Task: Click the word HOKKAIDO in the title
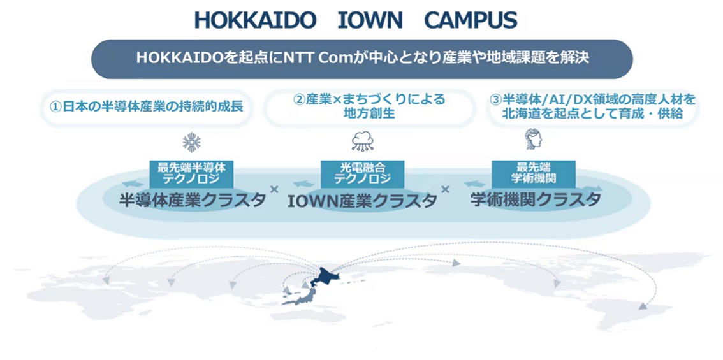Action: click(x=254, y=20)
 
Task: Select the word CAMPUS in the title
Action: click(x=471, y=20)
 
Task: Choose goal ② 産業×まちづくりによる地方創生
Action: click(x=369, y=108)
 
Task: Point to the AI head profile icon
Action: click(x=532, y=139)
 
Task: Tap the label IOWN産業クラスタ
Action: click(x=362, y=201)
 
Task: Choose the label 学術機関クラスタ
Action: click(x=536, y=199)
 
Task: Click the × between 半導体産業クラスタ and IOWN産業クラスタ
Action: click(x=274, y=189)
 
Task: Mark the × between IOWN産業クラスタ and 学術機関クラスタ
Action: click(x=445, y=189)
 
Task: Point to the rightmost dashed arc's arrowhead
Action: click(x=643, y=306)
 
